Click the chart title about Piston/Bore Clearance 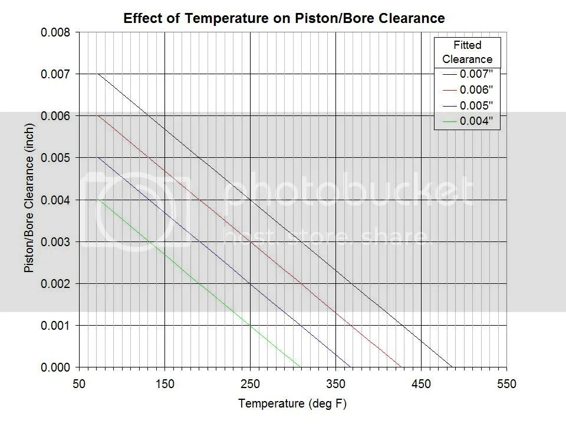(x=284, y=18)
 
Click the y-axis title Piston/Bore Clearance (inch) (x=29, y=200)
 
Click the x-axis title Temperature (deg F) (x=292, y=404)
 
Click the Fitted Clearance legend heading (x=467, y=52)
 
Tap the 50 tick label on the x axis (x=79, y=384)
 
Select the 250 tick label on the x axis (x=250, y=384)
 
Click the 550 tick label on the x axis (x=506, y=384)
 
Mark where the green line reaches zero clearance (x=183, y=367)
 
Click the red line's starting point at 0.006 (x=98, y=116)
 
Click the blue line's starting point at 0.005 (x=98, y=158)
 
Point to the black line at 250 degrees (x=250, y=200)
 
